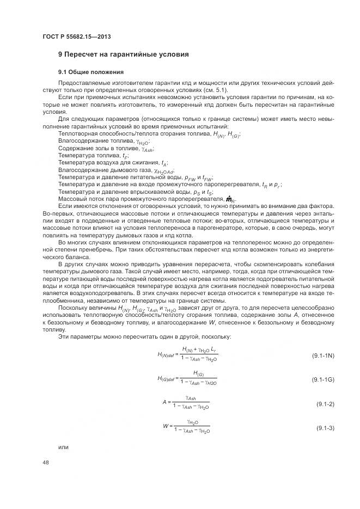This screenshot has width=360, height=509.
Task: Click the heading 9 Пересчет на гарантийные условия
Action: (124, 55)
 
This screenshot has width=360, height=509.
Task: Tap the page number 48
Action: (45, 462)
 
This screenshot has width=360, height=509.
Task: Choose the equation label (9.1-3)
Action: (325, 428)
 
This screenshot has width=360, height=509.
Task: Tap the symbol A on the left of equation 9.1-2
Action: (164, 402)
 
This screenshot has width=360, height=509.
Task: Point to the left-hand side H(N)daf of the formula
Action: (166, 354)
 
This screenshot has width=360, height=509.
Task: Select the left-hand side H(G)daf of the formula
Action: (166, 378)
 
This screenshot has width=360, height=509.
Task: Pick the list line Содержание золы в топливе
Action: (105, 148)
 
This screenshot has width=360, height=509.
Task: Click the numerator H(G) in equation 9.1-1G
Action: (198, 373)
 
